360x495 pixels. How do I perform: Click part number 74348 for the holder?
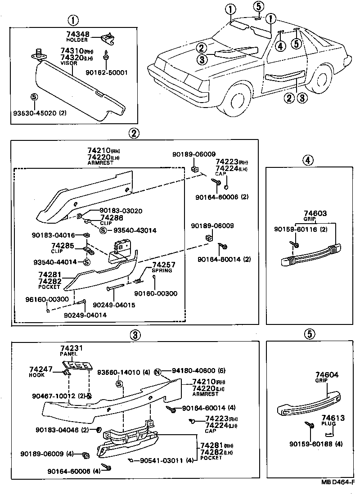tap(77, 34)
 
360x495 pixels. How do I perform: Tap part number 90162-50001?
tap(107, 72)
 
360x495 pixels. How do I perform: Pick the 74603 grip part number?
tap(315, 214)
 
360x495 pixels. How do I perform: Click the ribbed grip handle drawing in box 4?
tap(310, 255)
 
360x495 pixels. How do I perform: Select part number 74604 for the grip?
tap(327, 374)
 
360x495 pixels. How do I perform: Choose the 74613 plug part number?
tap(333, 418)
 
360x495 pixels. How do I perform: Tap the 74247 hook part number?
tap(41, 369)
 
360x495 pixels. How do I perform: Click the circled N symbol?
tap(157, 371)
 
